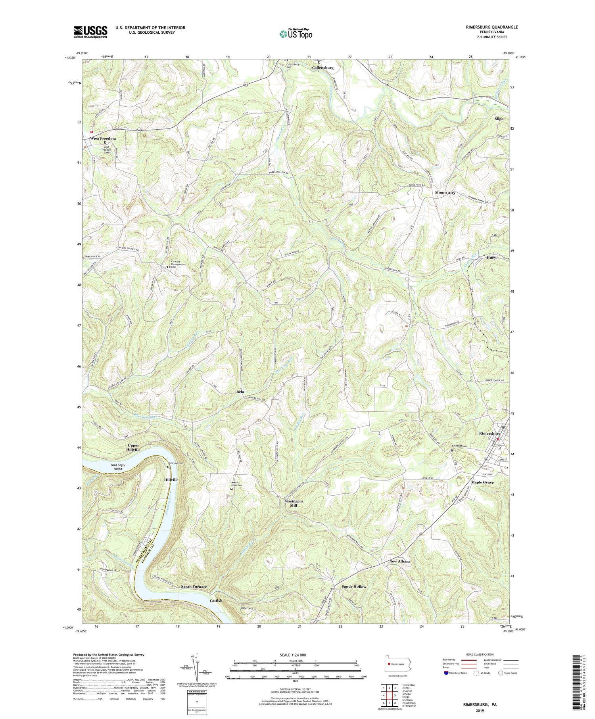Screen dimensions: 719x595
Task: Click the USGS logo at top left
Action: [90, 32]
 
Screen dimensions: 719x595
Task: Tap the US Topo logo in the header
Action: [296, 34]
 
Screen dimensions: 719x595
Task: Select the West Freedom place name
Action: [103, 139]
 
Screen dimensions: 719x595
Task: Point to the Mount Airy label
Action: [445, 193]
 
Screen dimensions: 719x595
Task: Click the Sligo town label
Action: [499, 119]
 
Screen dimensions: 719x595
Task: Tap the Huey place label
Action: [491, 257]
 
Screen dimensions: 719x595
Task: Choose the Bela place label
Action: [240, 391]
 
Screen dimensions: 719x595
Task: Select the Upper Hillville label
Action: [133, 447]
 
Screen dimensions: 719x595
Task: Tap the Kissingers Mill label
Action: [294, 503]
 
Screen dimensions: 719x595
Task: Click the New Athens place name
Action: [399, 562]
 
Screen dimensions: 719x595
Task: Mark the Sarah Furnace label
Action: [194, 586]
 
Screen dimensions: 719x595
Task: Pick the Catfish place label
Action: [216, 600]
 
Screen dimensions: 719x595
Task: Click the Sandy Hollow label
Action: [354, 586]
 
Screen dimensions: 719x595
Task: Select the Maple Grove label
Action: [482, 482]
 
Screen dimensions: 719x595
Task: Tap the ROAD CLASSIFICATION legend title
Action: [480, 654]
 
